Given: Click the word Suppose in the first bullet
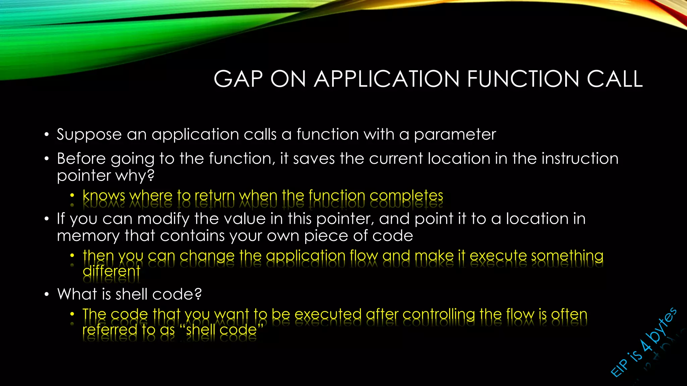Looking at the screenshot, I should [x=89, y=135].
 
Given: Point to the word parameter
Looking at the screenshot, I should [x=455, y=135].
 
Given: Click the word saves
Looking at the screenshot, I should [x=314, y=158].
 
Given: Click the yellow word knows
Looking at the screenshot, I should [x=104, y=195].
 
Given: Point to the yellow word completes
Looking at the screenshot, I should [x=406, y=195].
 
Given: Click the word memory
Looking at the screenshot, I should [x=88, y=236].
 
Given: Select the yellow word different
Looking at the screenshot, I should [x=111, y=271].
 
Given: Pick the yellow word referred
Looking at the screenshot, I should [x=110, y=330].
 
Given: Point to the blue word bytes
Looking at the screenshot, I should [x=663, y=324].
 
